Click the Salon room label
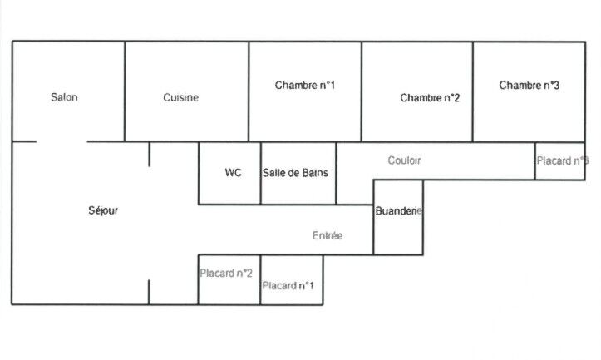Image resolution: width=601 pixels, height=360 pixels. pyautogui.click(x=64, y=98)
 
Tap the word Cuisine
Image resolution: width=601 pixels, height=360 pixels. pyautogui.click(x=180, y=98)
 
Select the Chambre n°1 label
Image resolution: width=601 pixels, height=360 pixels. pyautogui.click(x=305, y=85)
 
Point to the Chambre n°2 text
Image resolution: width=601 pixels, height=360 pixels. pyautogui.click(x=430, y=98)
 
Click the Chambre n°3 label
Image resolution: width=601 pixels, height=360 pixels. pyautogui.click(x=529, y=85)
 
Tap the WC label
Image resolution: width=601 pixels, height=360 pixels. pyautogui.click(x=233, y=173)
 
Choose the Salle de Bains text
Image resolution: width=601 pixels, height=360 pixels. pyautogui.click(x=295, y=173)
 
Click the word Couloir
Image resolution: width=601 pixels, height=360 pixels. pyautogui.click(x=404, y=160)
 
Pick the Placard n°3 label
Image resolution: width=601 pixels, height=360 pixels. pyautogui.click(x=563, y=160)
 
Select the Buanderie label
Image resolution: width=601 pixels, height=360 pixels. pyautogui.click(x=399, y=211)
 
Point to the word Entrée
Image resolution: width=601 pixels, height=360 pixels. pyautogui.click(x=328, y=236)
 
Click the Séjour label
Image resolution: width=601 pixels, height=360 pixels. pyautogui.click(x=103, y=210)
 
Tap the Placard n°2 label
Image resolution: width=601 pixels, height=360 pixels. pyautogui.click(x=226, y=272)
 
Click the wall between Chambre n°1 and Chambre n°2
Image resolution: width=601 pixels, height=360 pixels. pyautogui.click(x=361, y=91)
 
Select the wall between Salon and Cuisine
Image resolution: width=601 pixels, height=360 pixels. pyautogui.click(x=125, y=91)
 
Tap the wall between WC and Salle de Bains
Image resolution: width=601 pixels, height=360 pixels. pyautogui.click(x=261, y=173)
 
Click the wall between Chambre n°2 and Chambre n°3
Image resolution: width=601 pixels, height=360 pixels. pyautogui.click(x=473, y=91)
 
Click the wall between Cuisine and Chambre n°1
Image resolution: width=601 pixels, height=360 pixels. pyautogui.click(x=249, y=91)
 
